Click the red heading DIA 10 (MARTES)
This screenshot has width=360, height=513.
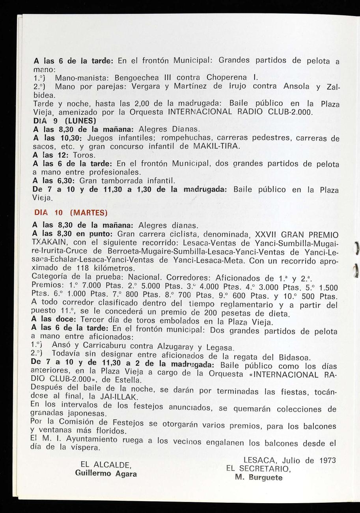point(71,213)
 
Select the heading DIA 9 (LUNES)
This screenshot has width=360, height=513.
point(65,121)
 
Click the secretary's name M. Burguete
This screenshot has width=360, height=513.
point(259,477)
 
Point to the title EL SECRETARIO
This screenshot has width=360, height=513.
point(259,469)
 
